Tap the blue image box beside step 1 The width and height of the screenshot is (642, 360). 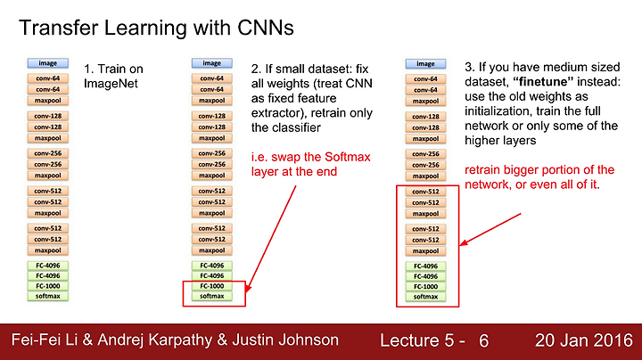pos(48,63)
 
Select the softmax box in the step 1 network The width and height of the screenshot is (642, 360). pos(48,296)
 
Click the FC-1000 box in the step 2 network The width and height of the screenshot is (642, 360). pos(211,286)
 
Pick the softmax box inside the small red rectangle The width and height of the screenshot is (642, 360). pos(211,296)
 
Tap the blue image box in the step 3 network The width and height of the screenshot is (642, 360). pos(426,64)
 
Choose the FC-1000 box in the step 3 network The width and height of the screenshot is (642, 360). pos(426,286)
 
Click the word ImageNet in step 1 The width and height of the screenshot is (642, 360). pos(111,84)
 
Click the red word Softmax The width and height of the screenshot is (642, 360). pos(347,157)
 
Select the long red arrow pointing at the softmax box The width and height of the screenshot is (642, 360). pos(271,239)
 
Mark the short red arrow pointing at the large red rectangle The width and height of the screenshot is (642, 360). pos(490,229)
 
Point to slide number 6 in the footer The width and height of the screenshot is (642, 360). pos(483,340)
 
